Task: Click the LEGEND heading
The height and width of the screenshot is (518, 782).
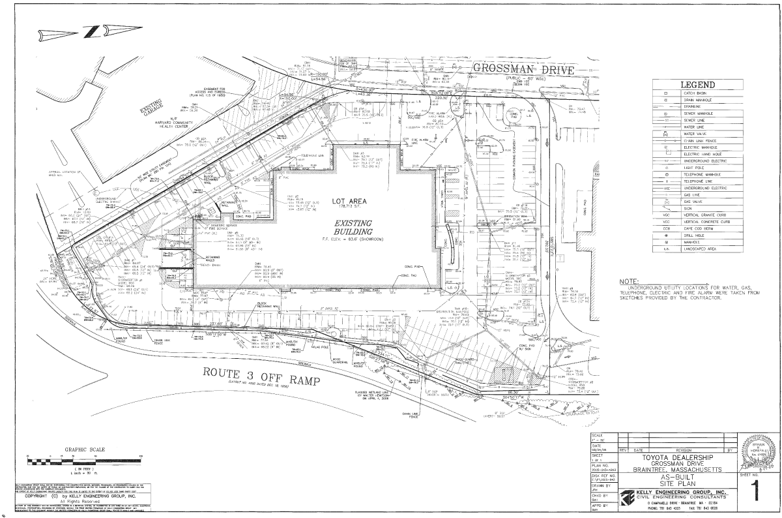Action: click(x=697, y=85)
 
